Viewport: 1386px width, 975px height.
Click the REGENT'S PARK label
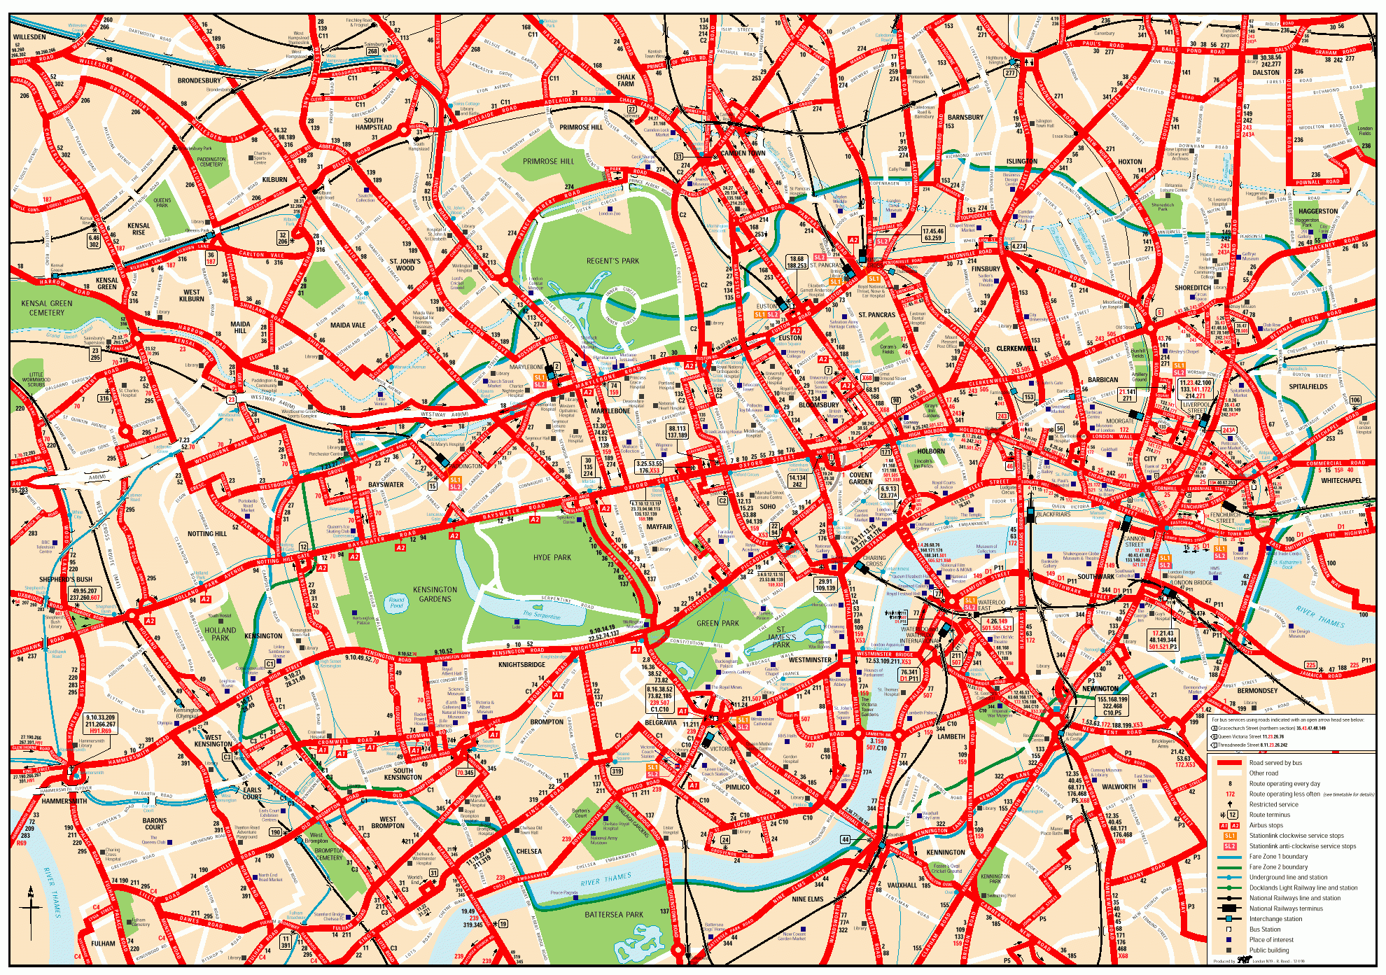pos(612,261)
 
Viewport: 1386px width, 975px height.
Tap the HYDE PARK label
pos(552,558)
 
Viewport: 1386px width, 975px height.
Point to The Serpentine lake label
pos(541,615)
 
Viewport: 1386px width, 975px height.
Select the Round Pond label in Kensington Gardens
pos(396,603)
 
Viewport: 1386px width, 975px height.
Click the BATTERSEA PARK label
pos(613,914)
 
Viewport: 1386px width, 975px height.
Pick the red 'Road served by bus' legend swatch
pos(1229,763)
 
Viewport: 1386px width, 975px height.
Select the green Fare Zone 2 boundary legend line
pos(1229,867)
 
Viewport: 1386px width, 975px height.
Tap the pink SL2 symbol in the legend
pos(1230,846)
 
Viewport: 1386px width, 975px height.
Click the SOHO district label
pos(768,507)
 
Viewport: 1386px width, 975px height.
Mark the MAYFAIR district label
pos(659,527)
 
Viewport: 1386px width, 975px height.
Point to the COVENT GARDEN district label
pos(860,478)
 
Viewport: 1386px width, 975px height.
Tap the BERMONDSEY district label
pos(1257,691)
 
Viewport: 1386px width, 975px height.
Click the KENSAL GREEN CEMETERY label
pos(47,308)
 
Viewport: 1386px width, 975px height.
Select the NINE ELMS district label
pos(807,899)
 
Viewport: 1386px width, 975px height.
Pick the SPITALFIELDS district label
pos(1308,386)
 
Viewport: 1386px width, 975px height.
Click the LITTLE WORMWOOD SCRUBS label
pos(36,379)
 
